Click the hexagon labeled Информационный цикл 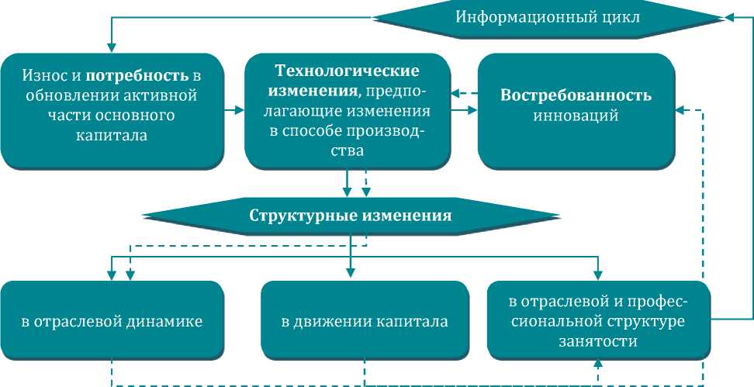(548, 17)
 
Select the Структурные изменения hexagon (350, 215)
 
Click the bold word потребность (137, 77)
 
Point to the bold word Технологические (348, 71)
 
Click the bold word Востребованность (576, 96)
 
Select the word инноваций (576, 117)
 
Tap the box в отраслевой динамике (112, 320)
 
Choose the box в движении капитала (365, 320)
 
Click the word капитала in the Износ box (112, 135)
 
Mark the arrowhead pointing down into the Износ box (112, 47)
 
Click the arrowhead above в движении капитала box (350, 272)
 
